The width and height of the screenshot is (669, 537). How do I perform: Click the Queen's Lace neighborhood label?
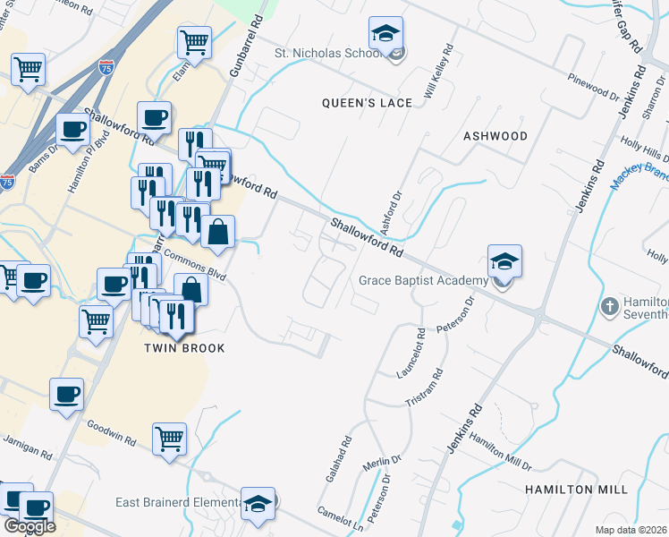point(367,103)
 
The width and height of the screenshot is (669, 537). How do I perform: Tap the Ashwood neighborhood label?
point(495,136)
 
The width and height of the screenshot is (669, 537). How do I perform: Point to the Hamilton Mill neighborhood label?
point(575,490)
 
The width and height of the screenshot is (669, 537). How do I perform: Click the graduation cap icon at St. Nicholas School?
point(386,35)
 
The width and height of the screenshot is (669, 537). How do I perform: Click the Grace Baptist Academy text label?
point(423,280)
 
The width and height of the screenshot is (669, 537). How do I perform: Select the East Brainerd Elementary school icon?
point(258,503)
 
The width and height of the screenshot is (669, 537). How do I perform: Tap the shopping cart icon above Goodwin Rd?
point(169,439)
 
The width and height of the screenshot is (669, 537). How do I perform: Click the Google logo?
point(29,525)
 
